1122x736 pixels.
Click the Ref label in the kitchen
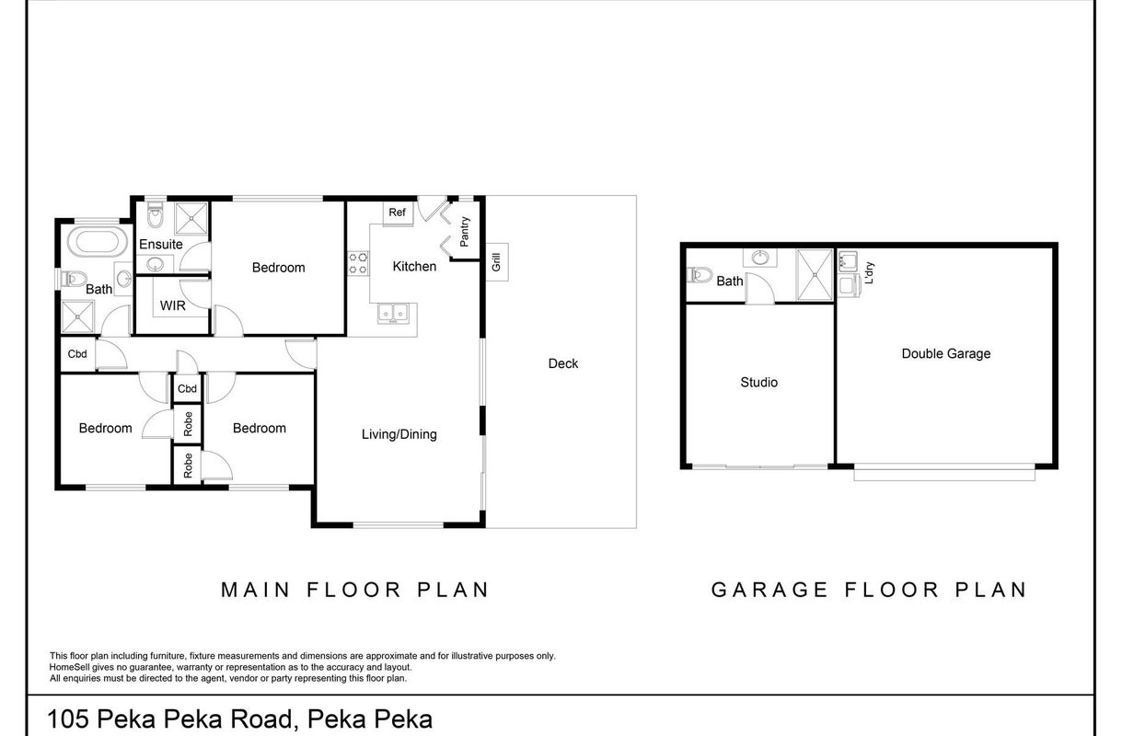pyautogui.click(x=397, y=213)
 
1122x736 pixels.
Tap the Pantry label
pyautogui.click(x=464, y=231)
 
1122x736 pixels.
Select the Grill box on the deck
pyautogui.click(x=497, y=262)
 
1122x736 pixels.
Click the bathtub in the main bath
pyautogui.click(x=98, y=242)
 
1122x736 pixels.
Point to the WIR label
pyautogui.click(x=173, y=305)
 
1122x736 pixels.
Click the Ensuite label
pyautogui.click(x=161, y=245)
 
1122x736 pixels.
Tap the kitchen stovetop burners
pyautogui.click(x=358, y=263)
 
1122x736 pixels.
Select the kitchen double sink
pyautogui.click(x=393, y=314)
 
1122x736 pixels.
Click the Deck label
pyautogui.click(x=563, y=363)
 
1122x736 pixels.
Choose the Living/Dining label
pyautogui.click(x=399, y=434)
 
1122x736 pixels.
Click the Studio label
pyautogui.click(x=758, y=383)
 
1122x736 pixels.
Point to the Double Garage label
pyautogui.click(x=945, y=354)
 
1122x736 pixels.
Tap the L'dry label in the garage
pyautogui.click(x=870, y=272)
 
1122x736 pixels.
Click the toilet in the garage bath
pyautogui.click(x=701, y=274)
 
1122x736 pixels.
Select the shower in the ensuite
pyautogui.click(x=191, y=218)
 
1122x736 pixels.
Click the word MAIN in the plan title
pyautogui.click(x=256, y=590)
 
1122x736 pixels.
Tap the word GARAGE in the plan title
pyautogui.click(x=769, y=590)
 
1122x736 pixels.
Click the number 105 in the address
pyautogui.click(x=68, y=719)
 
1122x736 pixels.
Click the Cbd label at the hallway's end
pyautogui.click(x=77, y=354)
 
